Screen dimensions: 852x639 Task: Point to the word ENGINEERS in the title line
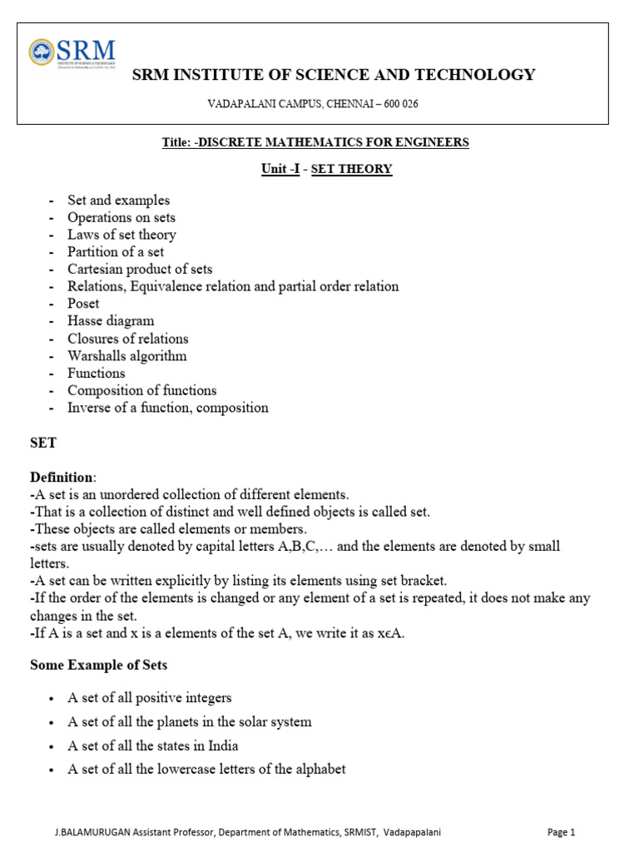pos(431,142)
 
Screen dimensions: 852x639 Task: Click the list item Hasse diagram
pos(111,320)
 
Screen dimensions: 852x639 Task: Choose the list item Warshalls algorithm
pos(127,356)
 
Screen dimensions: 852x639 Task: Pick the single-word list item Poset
pos(83,304)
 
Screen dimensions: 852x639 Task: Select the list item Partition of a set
pos(116,251)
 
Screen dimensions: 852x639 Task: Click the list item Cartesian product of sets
pos(140,269)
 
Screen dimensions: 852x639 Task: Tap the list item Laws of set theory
pos(121,235)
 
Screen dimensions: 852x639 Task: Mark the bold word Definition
pos(62,477)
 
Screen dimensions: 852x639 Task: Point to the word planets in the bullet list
pos(179,721)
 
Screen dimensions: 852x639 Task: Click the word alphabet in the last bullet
pos(316,769)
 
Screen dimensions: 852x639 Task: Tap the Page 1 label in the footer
pos(561,832)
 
